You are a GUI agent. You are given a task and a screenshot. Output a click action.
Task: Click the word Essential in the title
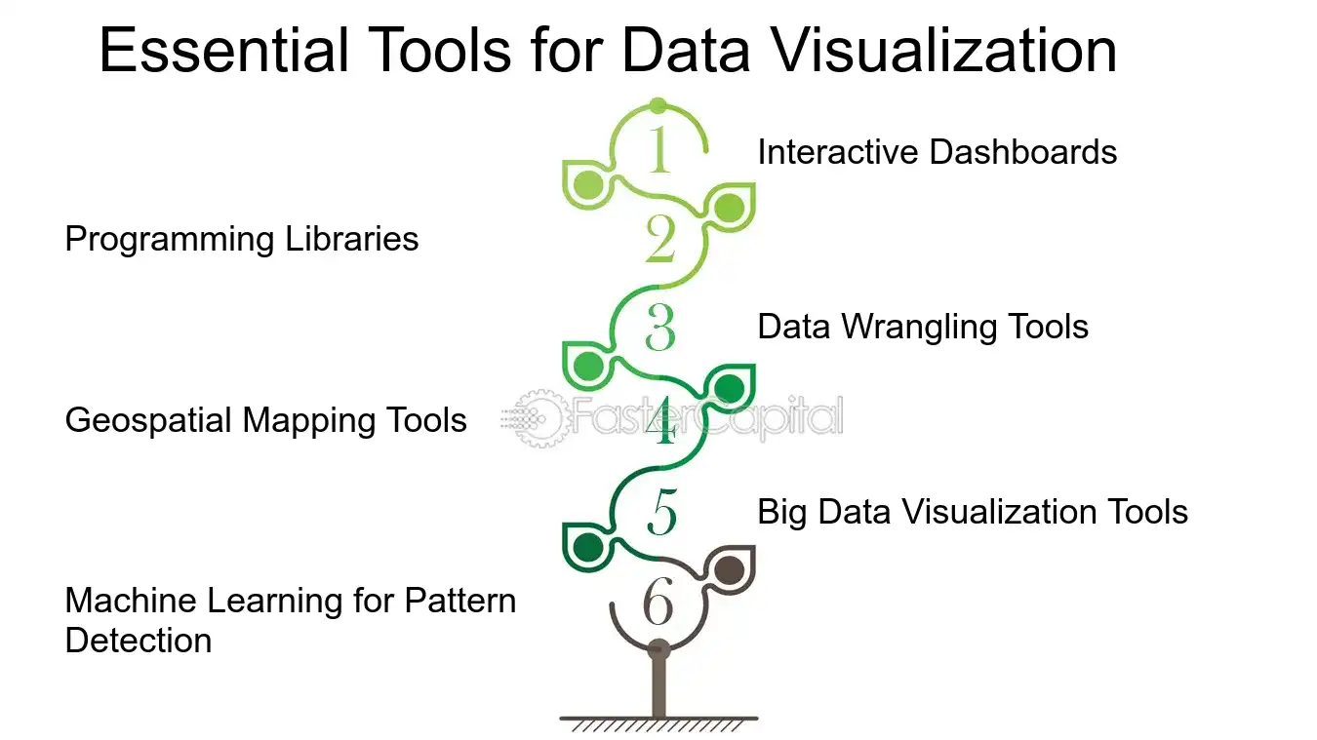click(224, 51)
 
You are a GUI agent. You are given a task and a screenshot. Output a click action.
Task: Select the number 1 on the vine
click(659, 150)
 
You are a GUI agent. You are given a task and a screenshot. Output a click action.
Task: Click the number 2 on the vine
click(660, 238)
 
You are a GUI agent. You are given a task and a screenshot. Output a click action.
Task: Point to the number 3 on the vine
click(660, 328)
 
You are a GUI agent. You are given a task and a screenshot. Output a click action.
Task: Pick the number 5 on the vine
click(662, 511)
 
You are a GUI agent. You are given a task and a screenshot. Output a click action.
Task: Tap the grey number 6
click(658, 601)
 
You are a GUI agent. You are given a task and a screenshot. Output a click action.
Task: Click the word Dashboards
click(1023, 152)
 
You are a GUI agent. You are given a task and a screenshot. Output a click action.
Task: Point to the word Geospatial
click(148, 421)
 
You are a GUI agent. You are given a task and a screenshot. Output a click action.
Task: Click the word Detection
click(139, 641)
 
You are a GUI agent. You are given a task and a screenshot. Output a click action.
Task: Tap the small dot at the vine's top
click(658, 106)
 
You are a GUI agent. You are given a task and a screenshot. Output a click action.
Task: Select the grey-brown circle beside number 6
click(730, 569)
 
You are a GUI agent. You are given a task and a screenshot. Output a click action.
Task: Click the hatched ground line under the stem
click(658, 723)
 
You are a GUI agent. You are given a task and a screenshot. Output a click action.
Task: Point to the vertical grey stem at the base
click(658, 682)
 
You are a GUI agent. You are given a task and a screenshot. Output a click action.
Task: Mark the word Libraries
click(352, 239)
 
